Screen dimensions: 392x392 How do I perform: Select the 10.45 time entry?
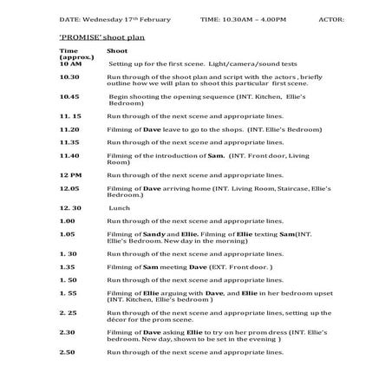(70, 97)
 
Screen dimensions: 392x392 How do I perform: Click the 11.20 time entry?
(70, 128)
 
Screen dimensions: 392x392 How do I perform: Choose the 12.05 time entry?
(70, 188)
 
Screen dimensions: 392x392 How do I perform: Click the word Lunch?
(121, 208)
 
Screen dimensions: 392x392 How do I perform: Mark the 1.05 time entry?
(68, 234)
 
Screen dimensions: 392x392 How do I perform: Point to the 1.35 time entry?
(68, 267)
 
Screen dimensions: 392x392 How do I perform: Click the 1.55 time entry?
(69, 293)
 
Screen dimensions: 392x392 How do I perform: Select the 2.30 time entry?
(68, 332)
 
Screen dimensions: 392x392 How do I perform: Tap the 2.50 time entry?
(68, 352)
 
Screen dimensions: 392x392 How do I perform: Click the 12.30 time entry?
(70, 208)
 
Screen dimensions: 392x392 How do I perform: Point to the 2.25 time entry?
(69, 312)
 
